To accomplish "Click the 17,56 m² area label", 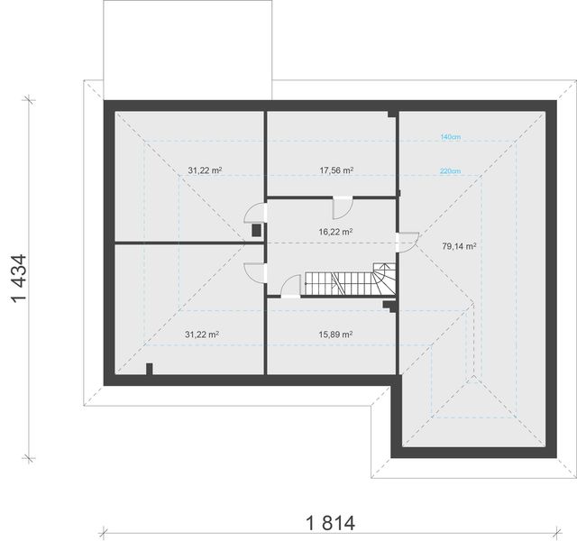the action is pos(336,170).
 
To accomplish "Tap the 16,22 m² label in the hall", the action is pos(335,232).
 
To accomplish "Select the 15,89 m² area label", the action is pos(335,335).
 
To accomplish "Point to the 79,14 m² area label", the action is pos(459,246).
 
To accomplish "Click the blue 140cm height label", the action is pos(451,137).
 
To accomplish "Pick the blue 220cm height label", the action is pos(450,171).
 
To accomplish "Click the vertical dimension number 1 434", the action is pos(19,279).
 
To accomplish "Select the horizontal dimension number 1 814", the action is pos(331,523).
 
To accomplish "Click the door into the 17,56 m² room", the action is pos(343,207).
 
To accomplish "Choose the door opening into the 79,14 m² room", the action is pos(408,243).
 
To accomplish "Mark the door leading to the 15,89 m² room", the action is pos(290,286).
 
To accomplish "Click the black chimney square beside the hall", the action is pos(256,231).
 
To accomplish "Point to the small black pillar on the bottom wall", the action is pos(149,369).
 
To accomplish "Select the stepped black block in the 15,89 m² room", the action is pos(389,307).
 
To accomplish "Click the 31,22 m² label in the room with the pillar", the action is pos(202,335).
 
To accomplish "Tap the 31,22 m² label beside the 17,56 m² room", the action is pos(205,170).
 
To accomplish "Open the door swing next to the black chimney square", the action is pos(255,213).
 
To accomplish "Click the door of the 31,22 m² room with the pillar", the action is pos(255,272).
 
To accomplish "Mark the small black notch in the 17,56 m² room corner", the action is pos(391,115).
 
